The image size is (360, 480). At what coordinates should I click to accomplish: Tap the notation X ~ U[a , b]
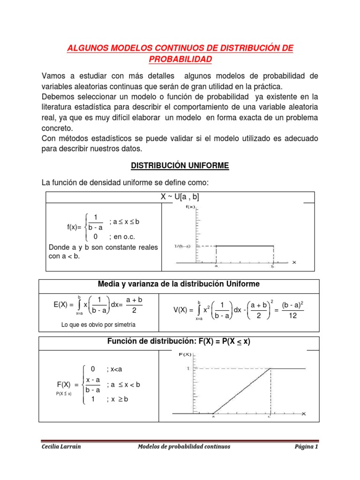tap(180, 197)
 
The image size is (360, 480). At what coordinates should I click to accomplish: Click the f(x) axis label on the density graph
tap(191, 207)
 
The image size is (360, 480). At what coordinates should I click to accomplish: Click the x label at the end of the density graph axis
tap(294, 262)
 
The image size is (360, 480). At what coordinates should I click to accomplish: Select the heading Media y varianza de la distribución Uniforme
tap(179, 284)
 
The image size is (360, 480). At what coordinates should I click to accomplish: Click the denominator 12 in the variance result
tap(293, 316)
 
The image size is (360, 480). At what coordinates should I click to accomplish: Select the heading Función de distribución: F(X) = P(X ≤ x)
tap(179, 342)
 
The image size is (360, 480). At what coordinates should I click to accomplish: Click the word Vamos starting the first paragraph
tap(53, 76)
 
